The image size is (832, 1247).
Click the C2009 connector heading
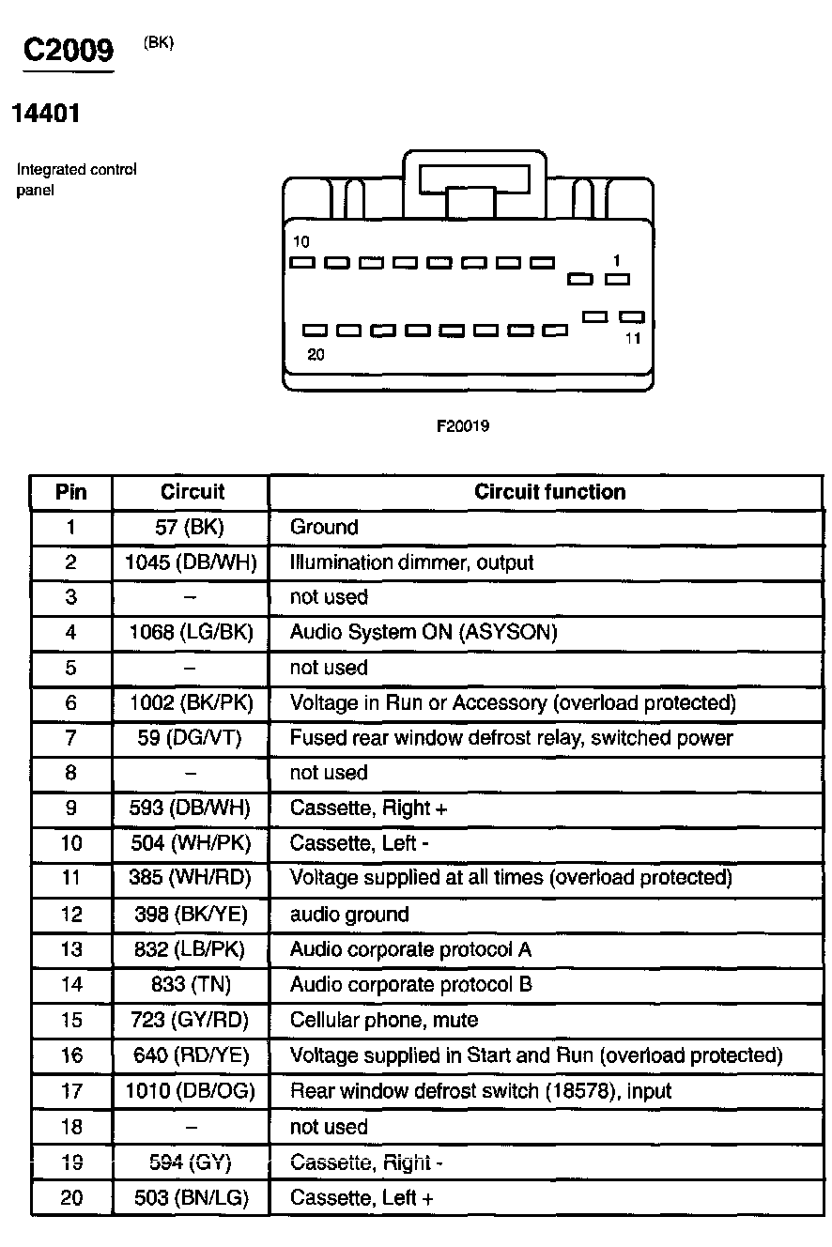pos(68,51)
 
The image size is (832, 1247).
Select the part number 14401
pos(45,115)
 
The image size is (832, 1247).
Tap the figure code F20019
pos(463,426)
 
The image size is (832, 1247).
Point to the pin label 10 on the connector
pos(300,242)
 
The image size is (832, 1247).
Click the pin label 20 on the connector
pos(316,355)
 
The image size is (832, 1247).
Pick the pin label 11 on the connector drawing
pos(633,338)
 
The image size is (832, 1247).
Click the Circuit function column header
pos(549,491)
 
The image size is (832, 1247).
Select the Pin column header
pos(70,491)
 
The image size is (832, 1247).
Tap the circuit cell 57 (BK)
pos(190,527)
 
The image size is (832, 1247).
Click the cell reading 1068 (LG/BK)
pos(191,632)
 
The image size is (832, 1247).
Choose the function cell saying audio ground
pos(349,914)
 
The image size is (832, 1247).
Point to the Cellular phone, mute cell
pos(384,1020)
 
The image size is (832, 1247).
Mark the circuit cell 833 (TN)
pos(191,984)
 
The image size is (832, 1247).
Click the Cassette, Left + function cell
pos(362,1197)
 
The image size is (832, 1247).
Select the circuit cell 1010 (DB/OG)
pos(191,1090)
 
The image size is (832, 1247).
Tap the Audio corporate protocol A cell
pos(410,949)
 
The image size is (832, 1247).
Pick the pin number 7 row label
pos(70,738)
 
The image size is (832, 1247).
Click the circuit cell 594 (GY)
pos(191,1162)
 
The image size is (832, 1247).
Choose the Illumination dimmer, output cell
pos(411,562)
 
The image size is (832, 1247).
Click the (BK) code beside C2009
pos(159,42)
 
